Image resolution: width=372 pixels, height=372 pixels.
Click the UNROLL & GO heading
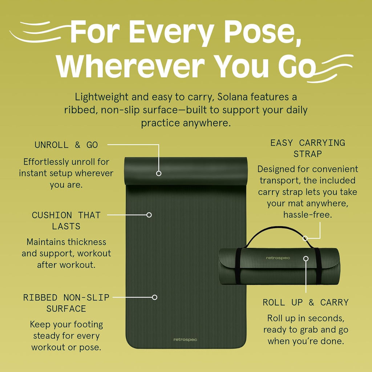point(66,145)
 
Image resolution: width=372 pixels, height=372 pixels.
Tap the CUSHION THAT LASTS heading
point(66,221)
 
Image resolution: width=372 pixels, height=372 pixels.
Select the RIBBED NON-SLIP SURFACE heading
point(66,303)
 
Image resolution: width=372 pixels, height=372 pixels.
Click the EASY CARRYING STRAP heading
point(307,148)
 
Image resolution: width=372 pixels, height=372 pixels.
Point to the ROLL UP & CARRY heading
point(306,302)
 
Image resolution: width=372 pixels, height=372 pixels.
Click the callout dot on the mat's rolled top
point(159,173)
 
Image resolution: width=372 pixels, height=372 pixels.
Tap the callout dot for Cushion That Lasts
point(149,215)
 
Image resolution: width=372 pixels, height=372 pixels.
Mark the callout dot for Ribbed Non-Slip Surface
point(154,297)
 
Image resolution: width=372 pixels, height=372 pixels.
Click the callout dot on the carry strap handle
point(305,238)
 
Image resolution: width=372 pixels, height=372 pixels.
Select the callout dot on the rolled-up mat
point(306,259)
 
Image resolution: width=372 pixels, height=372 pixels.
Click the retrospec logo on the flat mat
point(185,340)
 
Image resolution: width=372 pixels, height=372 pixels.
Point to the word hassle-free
point(307,215)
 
